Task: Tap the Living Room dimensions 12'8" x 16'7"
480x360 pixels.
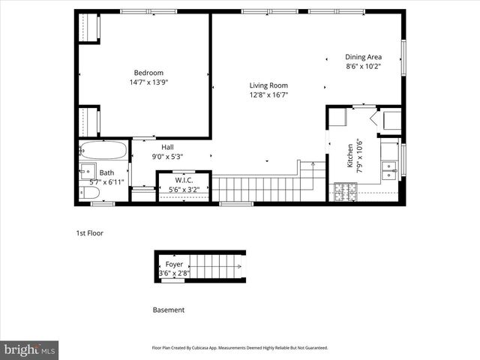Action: (268, 95)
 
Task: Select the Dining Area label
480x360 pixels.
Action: (363, 56)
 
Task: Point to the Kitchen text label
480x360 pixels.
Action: (349, 154)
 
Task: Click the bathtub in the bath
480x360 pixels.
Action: (103, 150)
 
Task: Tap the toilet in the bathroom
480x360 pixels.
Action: (90, 193)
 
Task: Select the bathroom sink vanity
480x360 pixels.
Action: (87, 172)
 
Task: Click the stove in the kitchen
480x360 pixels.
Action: (346, 192)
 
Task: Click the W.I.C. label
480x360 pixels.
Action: (184, 181)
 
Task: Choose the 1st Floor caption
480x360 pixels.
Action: (89, 233)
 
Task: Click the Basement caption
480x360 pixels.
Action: (168, 310)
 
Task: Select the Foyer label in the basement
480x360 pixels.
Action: (174, 264)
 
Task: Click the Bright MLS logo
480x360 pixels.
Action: (30, 349)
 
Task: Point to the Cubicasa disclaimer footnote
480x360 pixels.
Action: (240, 348)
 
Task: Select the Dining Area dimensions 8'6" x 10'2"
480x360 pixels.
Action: (363, 66)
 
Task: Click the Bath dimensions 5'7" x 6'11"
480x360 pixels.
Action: (106, 182)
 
